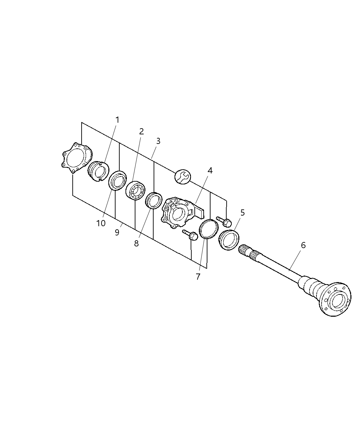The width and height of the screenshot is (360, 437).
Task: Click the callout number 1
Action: click(117, 120)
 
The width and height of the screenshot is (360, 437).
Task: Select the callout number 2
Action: click(141, 131)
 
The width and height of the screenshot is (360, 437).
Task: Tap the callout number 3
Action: click(158, 141)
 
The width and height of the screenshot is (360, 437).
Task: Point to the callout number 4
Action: click(210, 170)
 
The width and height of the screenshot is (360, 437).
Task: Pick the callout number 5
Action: click(242, 213)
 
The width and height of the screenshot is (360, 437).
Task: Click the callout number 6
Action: click(303, 245)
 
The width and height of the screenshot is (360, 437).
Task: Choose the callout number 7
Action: click(198, 277)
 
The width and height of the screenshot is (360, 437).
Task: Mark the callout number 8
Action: click(136, 243)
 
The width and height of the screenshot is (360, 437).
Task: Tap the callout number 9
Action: click(117, 232)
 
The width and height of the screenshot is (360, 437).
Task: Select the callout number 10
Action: click(101, 223)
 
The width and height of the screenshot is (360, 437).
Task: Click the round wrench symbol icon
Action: click(182, 177)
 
